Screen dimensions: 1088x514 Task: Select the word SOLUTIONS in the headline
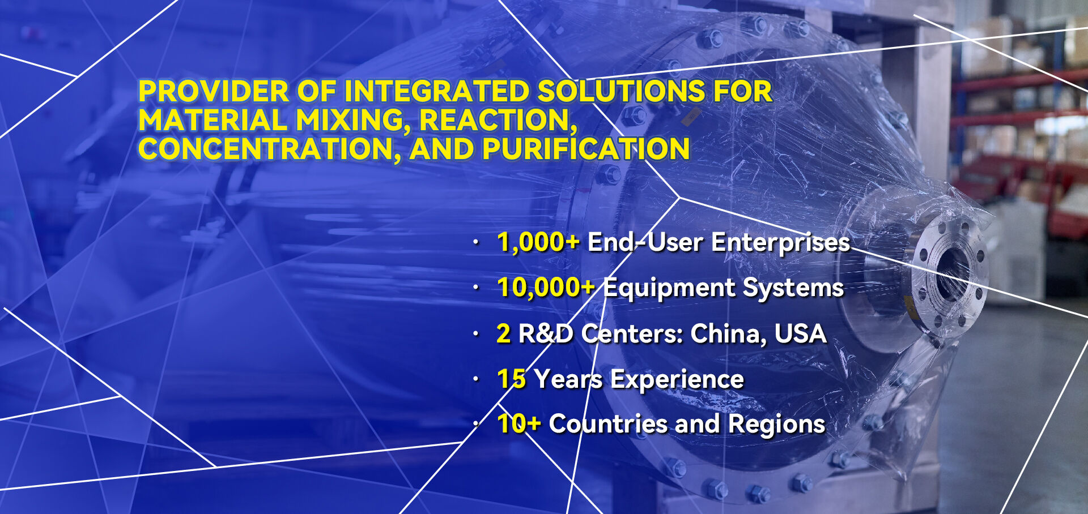pyautogui.click(x=620, y=92)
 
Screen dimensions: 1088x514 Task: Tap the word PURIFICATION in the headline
pyautogui.click(x=586, y=149)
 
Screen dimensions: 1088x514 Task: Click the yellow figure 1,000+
pyautogui.click(x=538, y=243)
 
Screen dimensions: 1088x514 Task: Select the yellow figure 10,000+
pyautogui.click(x=546, y=288)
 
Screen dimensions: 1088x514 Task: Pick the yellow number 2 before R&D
pyautogui.click(x=503, y=333)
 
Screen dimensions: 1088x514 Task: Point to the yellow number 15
pyautogui.click(x=512, y=379)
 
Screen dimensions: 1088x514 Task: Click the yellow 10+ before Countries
pyautogui.click(x=519, y=424)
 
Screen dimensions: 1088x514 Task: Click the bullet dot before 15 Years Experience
pyautogui.click(x=476, y=379)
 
